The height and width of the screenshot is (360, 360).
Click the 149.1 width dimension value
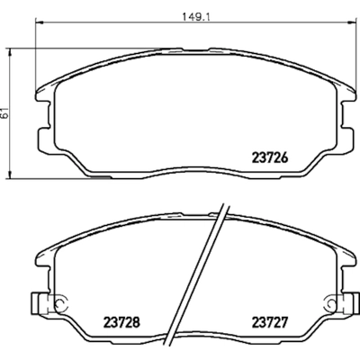196,17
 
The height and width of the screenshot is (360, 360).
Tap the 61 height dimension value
4,113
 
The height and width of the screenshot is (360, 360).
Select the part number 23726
270,157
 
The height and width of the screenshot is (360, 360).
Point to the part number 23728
121,323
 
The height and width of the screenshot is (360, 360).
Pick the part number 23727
270,323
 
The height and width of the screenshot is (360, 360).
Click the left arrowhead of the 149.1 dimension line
40,22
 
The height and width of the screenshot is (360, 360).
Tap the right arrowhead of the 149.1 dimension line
351,22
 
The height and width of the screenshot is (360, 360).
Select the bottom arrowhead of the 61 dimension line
10,175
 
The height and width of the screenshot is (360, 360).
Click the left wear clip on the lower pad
40,303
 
